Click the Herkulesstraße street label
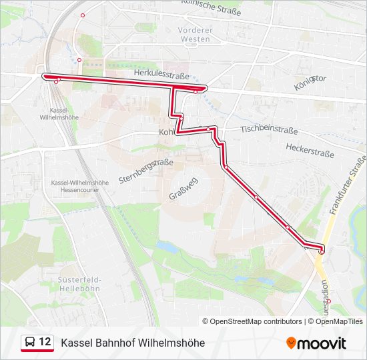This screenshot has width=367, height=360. [x=161, y=73]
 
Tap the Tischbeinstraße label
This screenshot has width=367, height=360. [x=268, y=129]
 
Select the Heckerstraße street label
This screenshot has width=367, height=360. [x=310, y=149]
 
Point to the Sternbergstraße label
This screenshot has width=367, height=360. [x=146, y=171]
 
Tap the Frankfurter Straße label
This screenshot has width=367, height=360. [x=347, y=184]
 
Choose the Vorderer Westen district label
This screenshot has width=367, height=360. [x=195, y=35]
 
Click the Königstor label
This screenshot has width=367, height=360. [x=310, y=83]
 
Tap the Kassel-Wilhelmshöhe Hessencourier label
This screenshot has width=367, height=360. [x=80, y=186]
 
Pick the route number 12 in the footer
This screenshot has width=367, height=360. [x=45, y=342]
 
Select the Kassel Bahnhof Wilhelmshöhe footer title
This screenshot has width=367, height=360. [x=133, y=343]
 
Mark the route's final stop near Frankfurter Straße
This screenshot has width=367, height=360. [x=321, y=251]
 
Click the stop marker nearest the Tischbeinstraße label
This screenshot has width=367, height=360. [x=210, y=129]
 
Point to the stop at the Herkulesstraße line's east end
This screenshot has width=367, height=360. [x=195, y=91]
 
